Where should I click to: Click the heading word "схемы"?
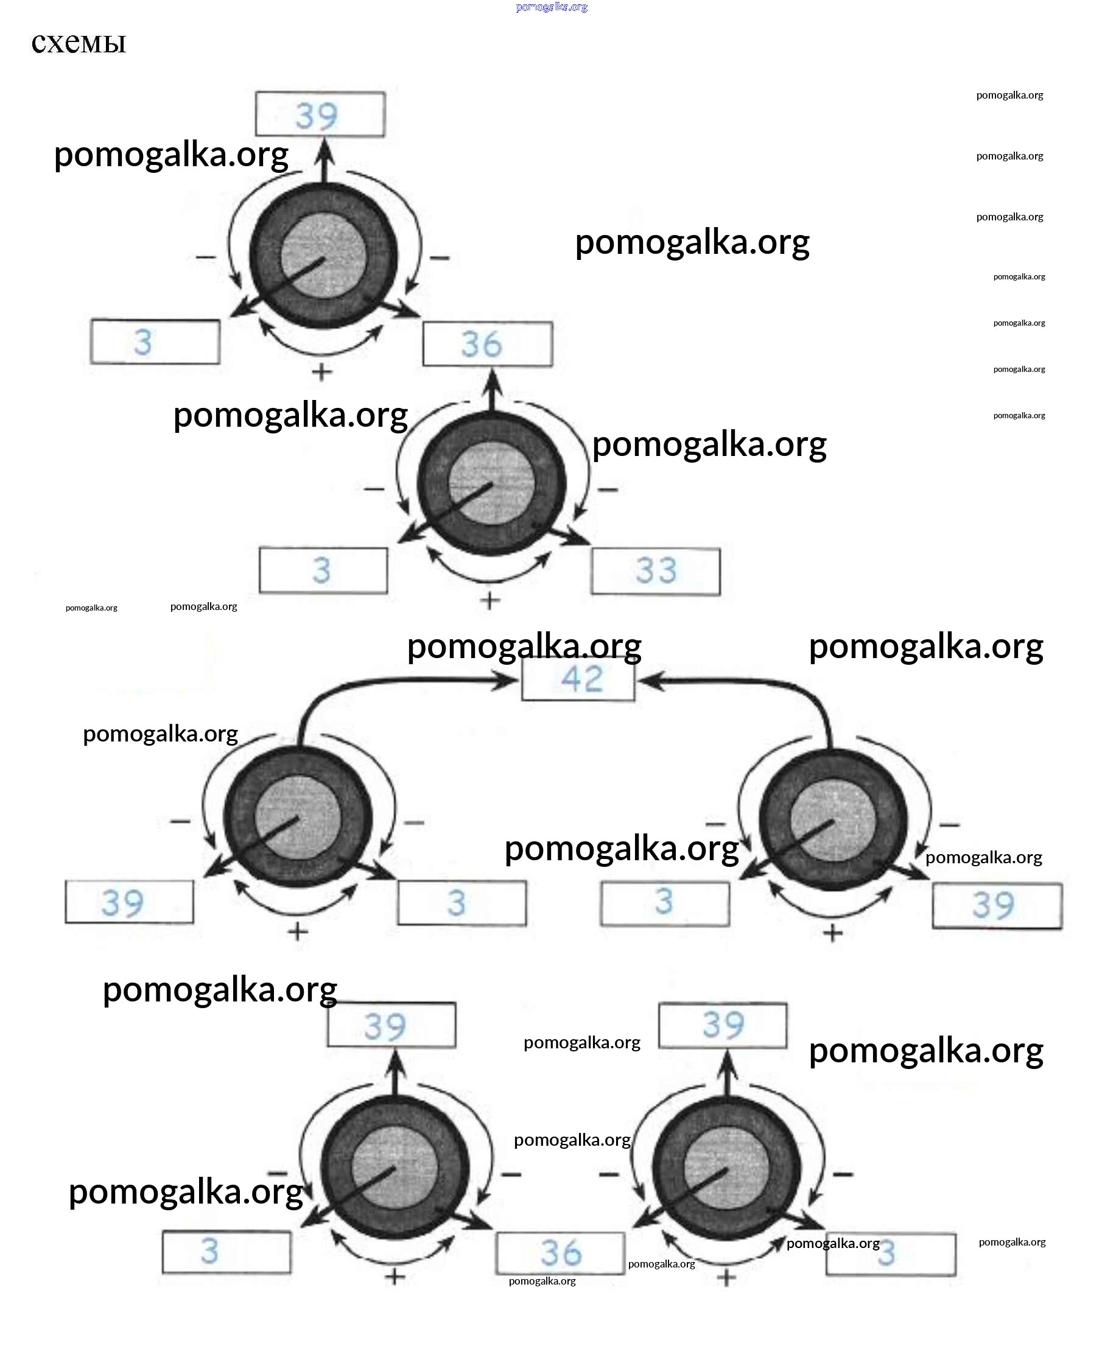coord(79,43)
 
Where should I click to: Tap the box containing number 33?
coord(655,570)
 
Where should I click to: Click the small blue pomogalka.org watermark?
coord(552,7)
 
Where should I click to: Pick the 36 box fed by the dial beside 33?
coord(488,344)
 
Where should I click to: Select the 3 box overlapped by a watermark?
coord(890,1254)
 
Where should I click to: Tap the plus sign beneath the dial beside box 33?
coord(489,600)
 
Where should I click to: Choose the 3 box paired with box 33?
coord(323,570)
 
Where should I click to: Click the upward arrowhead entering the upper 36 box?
coord(493,381)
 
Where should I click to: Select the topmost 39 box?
coord(320,114)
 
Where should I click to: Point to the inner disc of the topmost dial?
coord(324,255)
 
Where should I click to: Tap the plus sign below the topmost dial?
coord(322,371)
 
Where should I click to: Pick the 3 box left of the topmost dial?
coord(155,342)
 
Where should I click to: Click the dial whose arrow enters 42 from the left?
coord(298,819)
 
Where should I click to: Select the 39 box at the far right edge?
coord(997,905)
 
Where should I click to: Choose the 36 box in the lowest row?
coord(560,1253)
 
